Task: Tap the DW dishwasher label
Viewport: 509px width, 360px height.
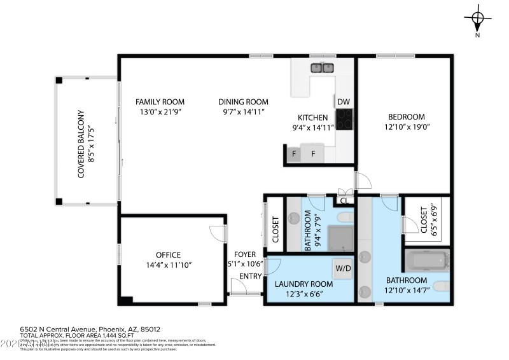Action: click(344, 102)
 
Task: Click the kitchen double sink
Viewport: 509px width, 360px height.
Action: click(323, 67)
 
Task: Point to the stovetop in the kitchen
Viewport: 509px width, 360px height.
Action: click(344, 119)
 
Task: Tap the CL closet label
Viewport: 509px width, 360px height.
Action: click(344, 201)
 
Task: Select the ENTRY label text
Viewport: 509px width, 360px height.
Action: click(250, 275)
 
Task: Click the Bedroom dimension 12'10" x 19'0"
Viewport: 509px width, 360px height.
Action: click(407, 127)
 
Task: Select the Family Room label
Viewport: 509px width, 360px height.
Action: click(160, 102)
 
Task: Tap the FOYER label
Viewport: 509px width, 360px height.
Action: click(245, 254)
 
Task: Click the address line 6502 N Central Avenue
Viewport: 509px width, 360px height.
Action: click(90, 329)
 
